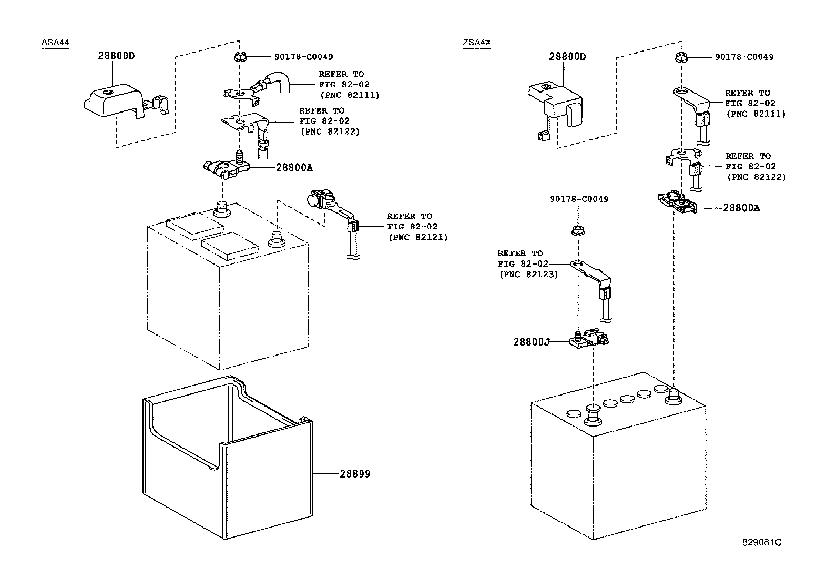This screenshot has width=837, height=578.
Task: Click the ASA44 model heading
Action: click(55, 42)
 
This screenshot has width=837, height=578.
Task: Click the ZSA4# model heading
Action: click(476, 42)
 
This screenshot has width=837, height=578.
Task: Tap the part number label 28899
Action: click(355, 474)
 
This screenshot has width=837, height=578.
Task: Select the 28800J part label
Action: click(532, 342)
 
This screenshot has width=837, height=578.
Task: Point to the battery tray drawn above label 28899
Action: click(228, 457)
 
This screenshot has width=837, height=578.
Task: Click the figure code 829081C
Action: click(761, 542)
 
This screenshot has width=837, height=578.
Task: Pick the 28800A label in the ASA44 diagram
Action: click(294, 167)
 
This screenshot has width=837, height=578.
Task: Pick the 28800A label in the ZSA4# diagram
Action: click(741, 208)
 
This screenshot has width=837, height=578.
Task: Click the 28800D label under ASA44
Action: click(116, 55)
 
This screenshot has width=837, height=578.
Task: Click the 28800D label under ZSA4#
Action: click(567, 56)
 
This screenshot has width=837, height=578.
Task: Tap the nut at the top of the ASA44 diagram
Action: click(240, 57)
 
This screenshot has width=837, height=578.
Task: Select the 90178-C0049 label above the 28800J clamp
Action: click(579, 199)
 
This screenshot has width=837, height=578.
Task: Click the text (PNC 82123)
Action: click(529, 275)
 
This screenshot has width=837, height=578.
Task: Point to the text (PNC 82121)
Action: click(418, 237)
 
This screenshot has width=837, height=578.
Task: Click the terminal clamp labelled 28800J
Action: click(589, 338)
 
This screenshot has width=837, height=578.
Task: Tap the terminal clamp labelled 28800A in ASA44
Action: click(226, 167)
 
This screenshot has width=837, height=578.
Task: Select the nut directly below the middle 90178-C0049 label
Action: click(578, 230)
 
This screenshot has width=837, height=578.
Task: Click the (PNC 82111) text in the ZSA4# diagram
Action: click(756, 114)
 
